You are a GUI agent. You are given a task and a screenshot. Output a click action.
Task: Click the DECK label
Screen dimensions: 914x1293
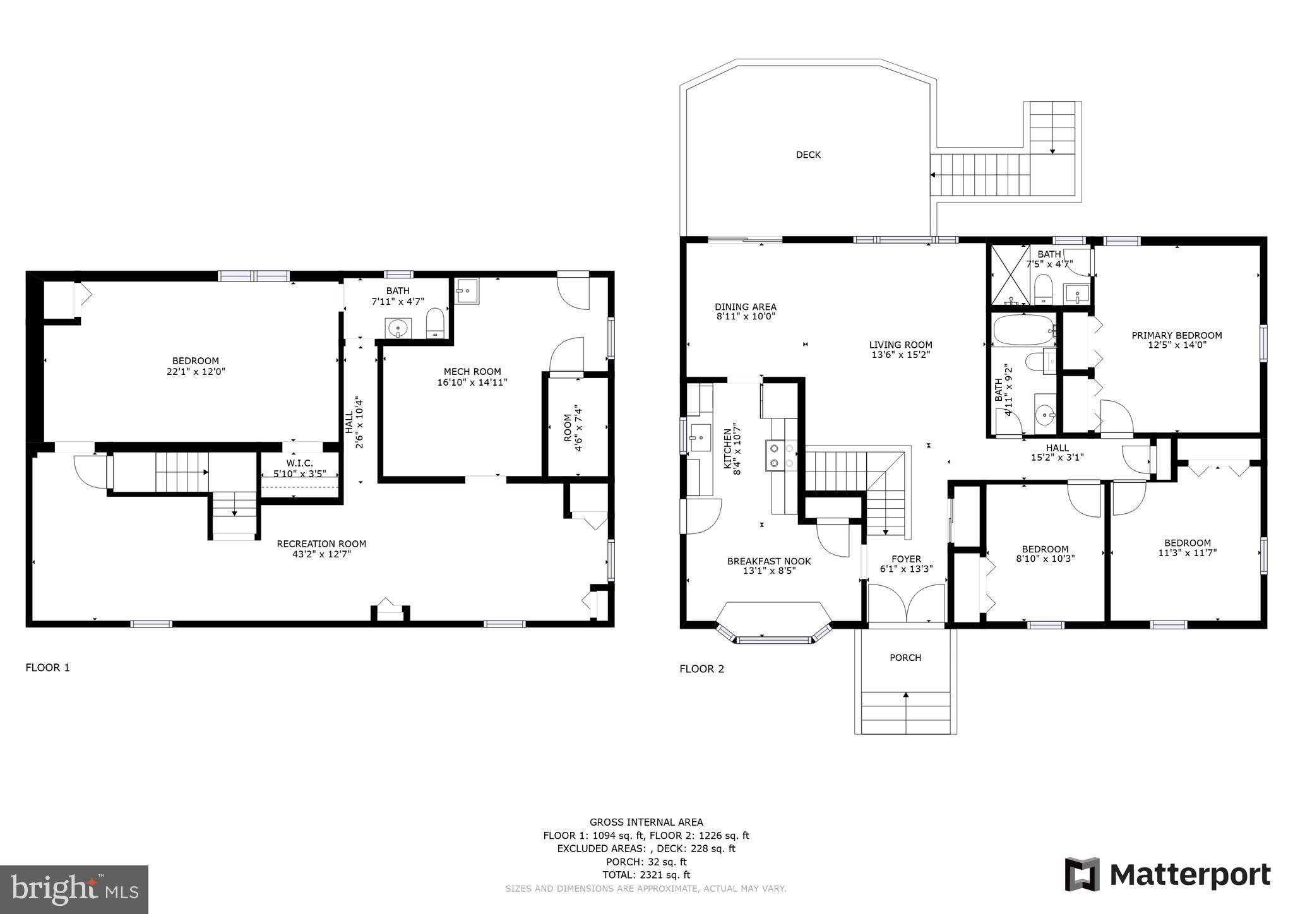[808, 155]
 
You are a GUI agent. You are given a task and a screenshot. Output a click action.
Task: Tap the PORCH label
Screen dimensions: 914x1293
[905, 658]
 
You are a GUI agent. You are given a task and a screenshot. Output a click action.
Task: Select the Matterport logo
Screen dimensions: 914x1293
[1167, 875]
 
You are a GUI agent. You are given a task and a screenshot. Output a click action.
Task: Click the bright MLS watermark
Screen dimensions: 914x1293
[74, 889]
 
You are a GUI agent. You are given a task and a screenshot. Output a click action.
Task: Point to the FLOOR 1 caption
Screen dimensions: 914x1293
[48, 667]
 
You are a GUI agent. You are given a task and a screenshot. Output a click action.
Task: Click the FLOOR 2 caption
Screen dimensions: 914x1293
[701, 669]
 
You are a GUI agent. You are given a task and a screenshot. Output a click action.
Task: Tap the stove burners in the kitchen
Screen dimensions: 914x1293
[782, 455]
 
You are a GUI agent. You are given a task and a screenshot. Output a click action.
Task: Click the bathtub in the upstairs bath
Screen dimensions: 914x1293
[1023, 329]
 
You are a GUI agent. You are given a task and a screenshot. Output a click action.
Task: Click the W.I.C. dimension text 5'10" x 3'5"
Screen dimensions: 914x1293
[295, 473]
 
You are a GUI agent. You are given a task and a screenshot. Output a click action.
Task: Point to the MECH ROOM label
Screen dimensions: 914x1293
[472, 372]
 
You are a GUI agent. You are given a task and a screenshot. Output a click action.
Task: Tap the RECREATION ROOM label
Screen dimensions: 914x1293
[321, 543]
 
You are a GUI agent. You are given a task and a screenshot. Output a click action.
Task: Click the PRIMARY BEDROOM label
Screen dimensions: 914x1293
[1177, 335]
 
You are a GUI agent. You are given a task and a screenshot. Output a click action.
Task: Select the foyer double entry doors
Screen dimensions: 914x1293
[906, 603]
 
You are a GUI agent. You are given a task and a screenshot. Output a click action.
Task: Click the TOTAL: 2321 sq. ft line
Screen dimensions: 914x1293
[646, 875]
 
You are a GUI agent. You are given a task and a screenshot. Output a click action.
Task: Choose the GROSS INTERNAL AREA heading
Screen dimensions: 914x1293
[646, 822]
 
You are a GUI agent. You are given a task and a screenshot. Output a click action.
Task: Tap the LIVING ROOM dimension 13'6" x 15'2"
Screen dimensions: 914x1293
[901, 355]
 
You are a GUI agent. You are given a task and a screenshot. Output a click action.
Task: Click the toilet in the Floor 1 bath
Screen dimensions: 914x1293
[436, 322]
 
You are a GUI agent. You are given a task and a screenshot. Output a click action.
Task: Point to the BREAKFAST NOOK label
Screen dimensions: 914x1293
[769, 561]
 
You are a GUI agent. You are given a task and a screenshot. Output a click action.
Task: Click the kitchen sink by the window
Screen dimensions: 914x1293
[700, 437]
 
